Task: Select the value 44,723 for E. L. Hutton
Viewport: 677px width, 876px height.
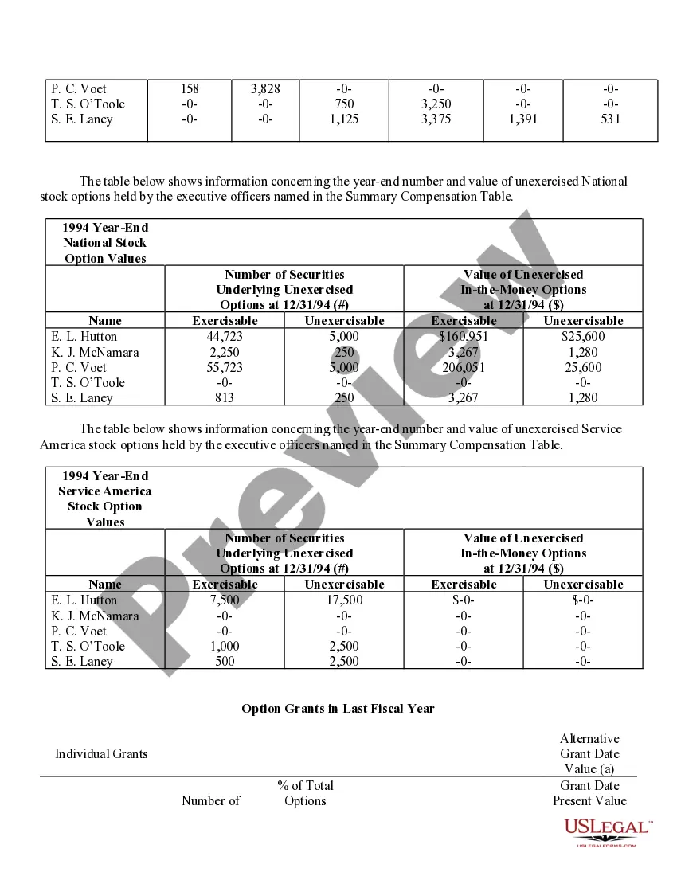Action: click(225, 337)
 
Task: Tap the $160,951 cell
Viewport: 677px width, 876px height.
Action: click(464, 337)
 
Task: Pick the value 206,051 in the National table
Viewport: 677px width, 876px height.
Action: click(464, 367)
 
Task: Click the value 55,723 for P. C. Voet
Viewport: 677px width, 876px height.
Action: click(225, 367)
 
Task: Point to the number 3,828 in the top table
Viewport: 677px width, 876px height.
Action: click(265, 89)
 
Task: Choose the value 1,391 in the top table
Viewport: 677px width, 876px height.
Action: click(522, 119)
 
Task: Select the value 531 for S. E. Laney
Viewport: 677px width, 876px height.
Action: click(610, 119)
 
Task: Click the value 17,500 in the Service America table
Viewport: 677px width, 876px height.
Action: click(344, 600)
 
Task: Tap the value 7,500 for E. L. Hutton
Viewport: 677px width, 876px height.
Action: click(225, 600)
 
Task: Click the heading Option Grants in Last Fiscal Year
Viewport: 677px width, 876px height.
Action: click(338, 709)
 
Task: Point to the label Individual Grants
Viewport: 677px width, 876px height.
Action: click(101, 754)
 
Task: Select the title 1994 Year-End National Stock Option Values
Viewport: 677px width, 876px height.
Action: click(105, 243)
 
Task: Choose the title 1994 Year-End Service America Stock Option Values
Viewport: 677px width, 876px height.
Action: click(105, 499)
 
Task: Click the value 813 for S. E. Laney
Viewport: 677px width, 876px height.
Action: click(225, 398)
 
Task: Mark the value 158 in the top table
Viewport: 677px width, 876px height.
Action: click(190, 89)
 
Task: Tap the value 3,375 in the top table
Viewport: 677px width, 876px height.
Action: click(436, 119)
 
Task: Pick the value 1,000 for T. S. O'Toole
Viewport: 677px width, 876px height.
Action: click(225, 646)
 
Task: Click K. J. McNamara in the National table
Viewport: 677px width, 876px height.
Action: click(95, 352)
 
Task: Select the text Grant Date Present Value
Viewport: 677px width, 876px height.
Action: click(589, 793)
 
